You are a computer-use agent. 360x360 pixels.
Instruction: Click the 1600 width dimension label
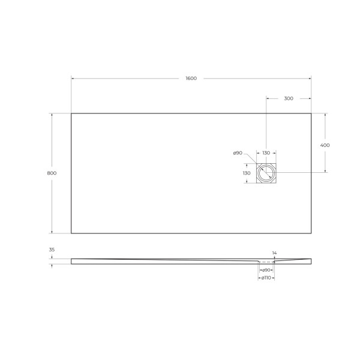pos(191,79)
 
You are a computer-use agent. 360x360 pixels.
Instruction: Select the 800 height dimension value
pos(52,173)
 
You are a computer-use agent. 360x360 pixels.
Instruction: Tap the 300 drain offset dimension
pos(288,98)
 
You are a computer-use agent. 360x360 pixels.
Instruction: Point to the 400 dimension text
pos(325,145)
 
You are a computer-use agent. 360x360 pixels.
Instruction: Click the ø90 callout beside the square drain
pos(238,153)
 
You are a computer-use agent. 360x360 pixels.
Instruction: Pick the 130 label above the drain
pos(266,153)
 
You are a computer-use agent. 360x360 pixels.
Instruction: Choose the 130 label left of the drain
pos(246,173)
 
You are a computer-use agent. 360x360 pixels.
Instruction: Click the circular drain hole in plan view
pos(266,173)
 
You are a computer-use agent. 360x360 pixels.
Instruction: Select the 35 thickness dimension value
pos(52,250)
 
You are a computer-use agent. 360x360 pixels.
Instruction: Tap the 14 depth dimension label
pos(275,253)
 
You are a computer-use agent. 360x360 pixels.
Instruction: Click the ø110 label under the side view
pos(266,278)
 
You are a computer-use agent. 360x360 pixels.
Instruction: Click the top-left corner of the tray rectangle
pos(71,113)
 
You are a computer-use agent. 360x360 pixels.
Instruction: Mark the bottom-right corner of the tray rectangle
pos(311,233)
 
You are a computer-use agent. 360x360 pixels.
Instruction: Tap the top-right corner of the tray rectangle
pos(311,113)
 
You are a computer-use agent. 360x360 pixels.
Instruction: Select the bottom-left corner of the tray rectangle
pos(71,233)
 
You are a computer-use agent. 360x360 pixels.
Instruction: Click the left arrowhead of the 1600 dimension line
pos(73,79)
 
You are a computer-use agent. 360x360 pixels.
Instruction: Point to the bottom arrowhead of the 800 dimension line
pos(52,232)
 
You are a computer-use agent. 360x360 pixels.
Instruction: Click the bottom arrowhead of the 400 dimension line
pos(325,171)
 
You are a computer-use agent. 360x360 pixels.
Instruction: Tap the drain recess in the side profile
pos(266,262)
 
